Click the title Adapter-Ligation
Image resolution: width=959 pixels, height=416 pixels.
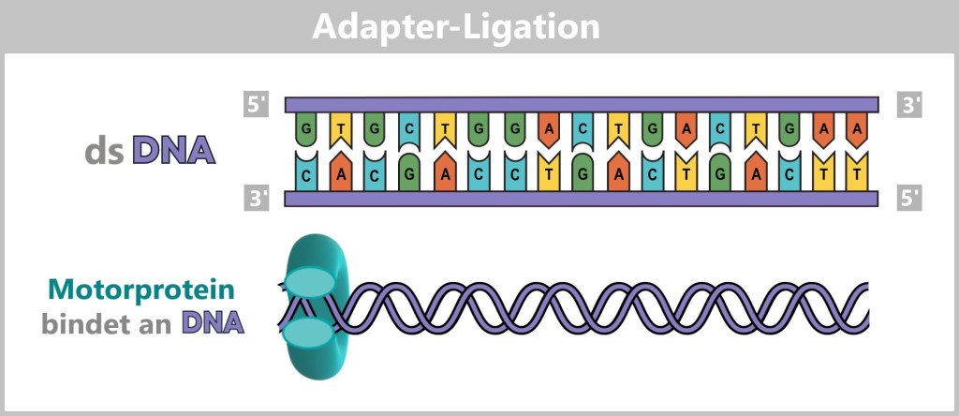(455, 25)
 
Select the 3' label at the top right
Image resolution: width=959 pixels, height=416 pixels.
(909, 104)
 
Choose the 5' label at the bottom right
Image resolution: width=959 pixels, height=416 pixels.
(909, 198)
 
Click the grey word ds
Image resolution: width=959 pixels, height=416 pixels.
(104, 151)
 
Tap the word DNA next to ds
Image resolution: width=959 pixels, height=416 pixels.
(174, 151)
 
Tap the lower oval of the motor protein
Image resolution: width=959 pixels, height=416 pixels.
(308, 333)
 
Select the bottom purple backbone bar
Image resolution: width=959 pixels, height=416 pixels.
(581, 198)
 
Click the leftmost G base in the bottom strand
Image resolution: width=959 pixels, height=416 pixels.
(409, 174)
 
